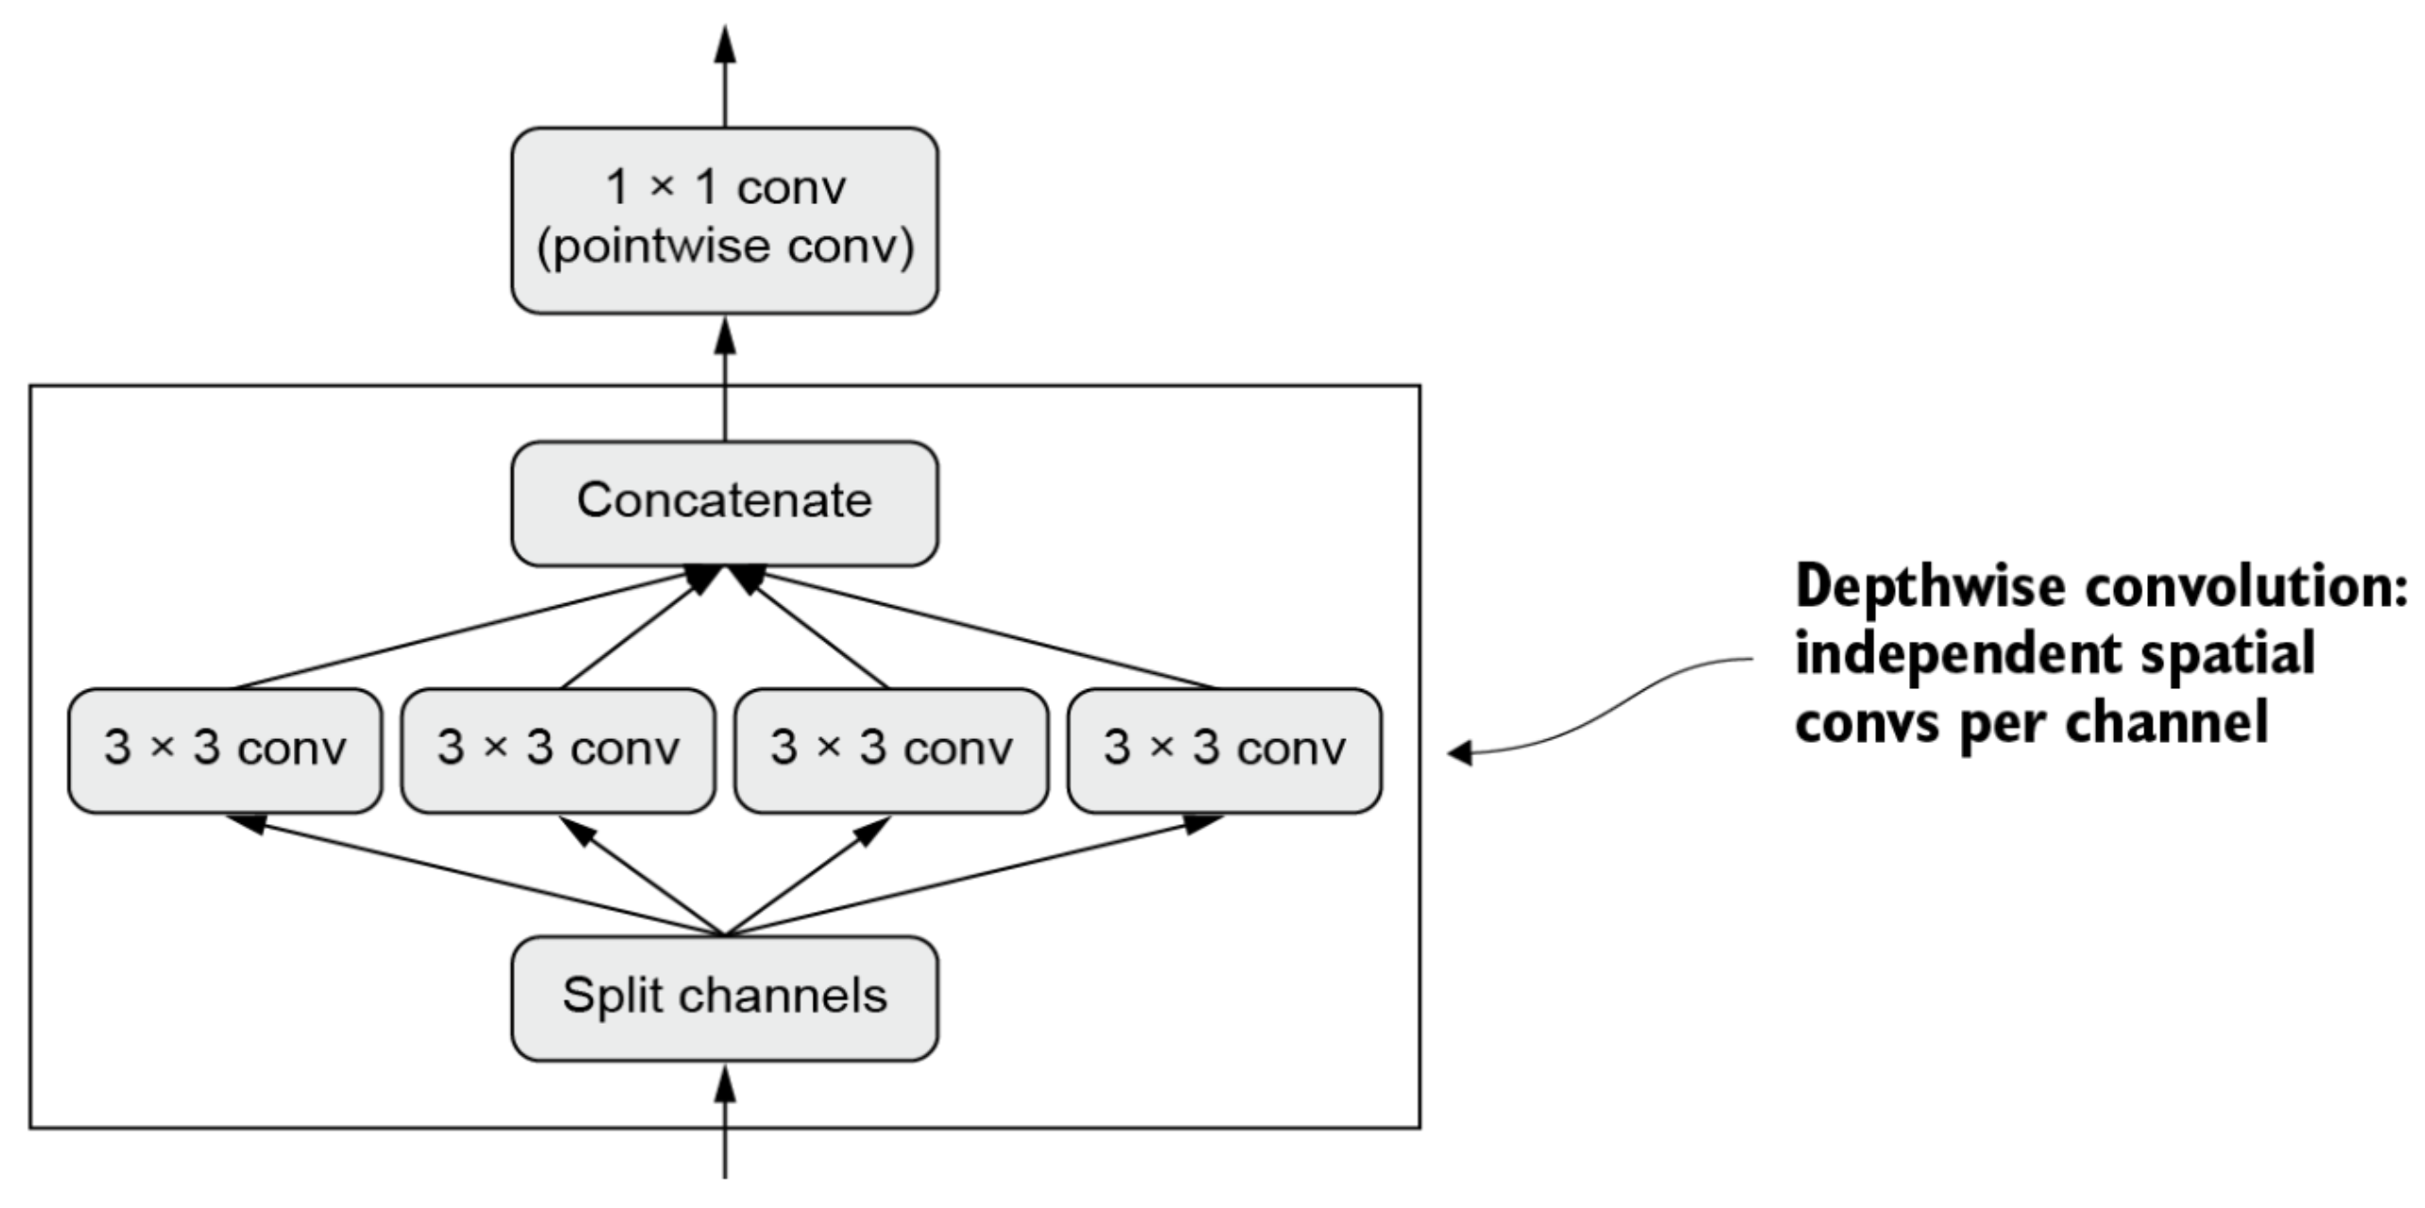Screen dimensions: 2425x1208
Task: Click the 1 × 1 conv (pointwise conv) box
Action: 725,220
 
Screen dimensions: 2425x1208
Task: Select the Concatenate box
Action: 725,504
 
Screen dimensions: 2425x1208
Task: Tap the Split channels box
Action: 725,998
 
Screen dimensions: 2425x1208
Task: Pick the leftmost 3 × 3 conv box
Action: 225,751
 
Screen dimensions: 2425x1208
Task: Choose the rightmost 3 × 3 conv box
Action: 1224,751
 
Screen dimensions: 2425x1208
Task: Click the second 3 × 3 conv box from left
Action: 558,751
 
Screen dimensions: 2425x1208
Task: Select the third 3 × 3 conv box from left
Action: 891,751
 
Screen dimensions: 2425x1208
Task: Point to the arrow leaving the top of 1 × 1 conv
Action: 725,76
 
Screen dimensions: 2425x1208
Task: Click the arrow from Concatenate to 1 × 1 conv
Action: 725,377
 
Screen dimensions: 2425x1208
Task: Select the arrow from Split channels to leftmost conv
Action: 475,875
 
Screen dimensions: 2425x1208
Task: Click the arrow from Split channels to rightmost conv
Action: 974,875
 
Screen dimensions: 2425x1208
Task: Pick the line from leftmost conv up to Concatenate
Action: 473,628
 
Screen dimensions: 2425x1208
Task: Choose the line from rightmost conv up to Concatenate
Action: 976,628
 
